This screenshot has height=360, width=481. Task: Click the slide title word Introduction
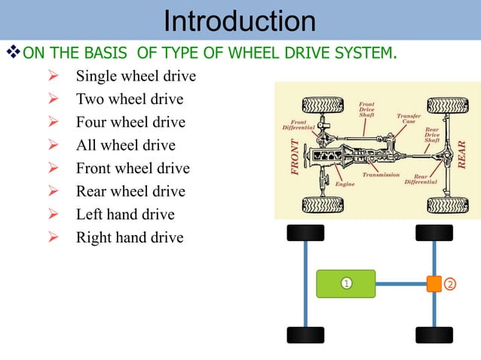point(240,21)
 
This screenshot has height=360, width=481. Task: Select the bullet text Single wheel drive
point(136,76)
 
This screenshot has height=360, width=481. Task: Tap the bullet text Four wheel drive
point(130,122)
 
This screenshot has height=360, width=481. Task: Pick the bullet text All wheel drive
point(125,145)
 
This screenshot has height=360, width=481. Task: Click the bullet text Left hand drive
point(125,215)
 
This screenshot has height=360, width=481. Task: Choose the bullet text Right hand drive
point(130,238)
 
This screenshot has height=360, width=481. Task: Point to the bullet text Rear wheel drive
point(130,191)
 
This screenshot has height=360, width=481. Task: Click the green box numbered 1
point(345,283)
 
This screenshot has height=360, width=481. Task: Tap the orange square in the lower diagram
point(434,284)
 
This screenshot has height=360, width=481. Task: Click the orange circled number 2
point(450,284)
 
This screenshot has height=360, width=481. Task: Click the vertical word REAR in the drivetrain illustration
point(462,154)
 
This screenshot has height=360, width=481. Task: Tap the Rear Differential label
point(421,179)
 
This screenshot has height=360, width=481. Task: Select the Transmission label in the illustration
point(381,175)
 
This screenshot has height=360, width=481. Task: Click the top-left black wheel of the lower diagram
point(305,232)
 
